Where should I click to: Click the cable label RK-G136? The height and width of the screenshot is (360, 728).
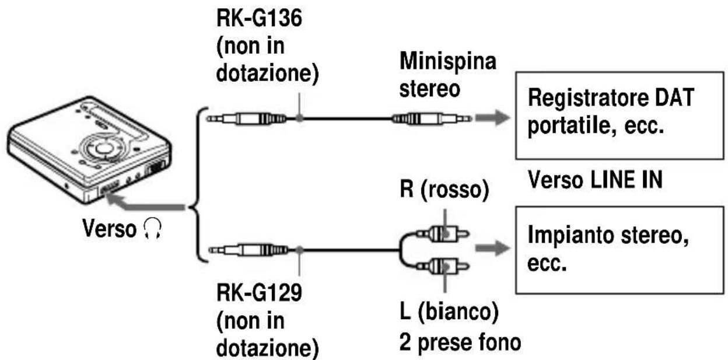[x=259, y=18]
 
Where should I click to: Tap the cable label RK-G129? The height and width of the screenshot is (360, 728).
[x=259, y=293]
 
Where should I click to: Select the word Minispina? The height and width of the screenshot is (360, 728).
[x=448, y=61]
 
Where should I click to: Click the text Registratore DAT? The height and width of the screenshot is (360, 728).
[x=611, y=97]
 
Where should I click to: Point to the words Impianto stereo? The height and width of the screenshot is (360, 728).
[x=608, y=235]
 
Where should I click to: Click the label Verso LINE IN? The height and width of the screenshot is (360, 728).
[x=595, y=180]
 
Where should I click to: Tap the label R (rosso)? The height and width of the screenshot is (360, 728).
[x=444, y=189]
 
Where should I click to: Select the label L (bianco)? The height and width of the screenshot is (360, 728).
[x=449, y=312]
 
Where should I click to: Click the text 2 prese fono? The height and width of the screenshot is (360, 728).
[x=460, y=342]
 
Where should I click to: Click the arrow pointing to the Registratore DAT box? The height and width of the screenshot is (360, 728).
[x=493, y=117]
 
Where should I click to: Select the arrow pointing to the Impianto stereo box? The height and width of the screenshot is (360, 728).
[x=493, y=248]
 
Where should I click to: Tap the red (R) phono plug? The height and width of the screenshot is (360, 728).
[x=443, y=233]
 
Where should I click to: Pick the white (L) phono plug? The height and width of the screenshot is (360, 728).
[x=443, y=267]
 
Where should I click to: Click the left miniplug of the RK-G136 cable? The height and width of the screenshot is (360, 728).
[x=247, y=118]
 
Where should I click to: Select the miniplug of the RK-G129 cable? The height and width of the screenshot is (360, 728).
[x=249, y=250]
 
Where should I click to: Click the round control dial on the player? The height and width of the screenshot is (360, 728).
[x=103, y=148]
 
